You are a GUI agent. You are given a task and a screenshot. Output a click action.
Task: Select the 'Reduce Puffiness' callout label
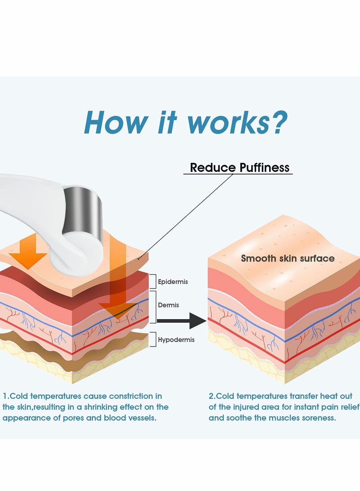click(239, 168)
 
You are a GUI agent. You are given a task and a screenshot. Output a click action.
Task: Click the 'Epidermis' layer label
click(173, 282)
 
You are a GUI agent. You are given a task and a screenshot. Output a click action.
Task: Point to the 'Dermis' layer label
click(168, 305)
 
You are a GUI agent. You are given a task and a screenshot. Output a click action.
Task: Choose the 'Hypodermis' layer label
click(176, 340)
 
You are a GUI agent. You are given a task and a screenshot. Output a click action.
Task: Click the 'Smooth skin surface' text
click(288, 258)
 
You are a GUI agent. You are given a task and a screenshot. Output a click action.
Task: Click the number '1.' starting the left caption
click(6, 396)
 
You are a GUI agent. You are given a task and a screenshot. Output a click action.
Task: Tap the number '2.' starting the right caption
click(212, 396)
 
